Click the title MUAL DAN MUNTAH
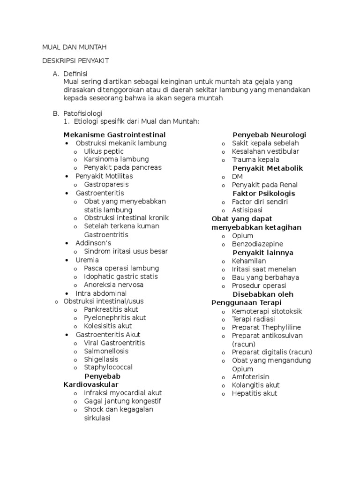pos(75,47)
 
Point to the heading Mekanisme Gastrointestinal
pos(114,135)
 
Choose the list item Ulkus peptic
pos(104,151)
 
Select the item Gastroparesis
pos(106,184)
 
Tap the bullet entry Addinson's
pos(93,243)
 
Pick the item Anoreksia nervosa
pos(113,285)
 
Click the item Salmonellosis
pos(106,351)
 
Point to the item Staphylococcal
pos(108,367)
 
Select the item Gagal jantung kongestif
pos(122,401)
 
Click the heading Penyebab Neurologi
pos(269,135)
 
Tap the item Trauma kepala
pos(255,160)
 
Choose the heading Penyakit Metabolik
pos(268,168)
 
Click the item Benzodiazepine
pos(257,244)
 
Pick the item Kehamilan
pos(249,261)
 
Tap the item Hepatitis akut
pos(255,393)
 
